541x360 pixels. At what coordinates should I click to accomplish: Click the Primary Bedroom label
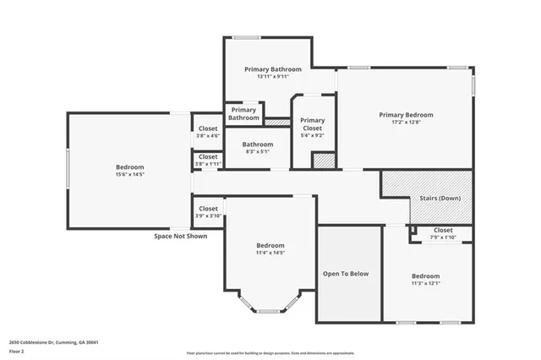pos(406,115)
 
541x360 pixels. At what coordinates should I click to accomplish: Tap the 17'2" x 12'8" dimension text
pos(406,123)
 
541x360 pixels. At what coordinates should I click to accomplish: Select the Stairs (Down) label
pos(440,199)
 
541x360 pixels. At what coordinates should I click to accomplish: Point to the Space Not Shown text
pos(180,236)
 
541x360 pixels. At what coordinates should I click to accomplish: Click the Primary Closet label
pos(312,124)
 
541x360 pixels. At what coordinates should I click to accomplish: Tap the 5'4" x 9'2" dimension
pos(312,135)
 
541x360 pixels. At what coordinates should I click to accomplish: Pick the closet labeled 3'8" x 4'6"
pos(207,132)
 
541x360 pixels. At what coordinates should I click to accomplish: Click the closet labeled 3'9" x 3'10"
pos(208,212)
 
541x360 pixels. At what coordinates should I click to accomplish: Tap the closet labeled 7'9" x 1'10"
pos(443,234)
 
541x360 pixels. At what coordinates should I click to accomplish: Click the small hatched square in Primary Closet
pos(322,160)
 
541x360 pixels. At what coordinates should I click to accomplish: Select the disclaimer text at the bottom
pos(270,352)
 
